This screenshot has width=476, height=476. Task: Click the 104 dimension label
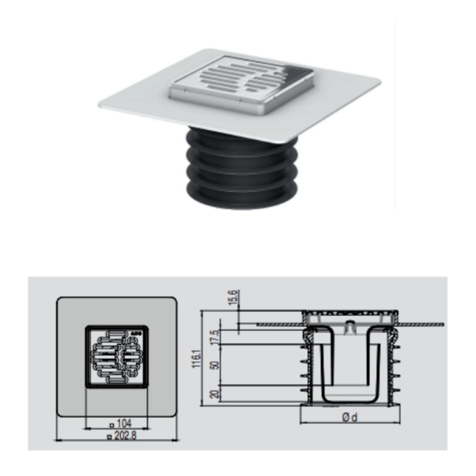pyautogui.click(x=124, y=424)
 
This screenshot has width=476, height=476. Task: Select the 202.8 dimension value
pyautogui.click(x=125, y=436)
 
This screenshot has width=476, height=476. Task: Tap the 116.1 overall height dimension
pyautogui.click(x=196, y=359)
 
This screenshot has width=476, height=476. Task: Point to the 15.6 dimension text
pyautogui.click(x=233, y=297)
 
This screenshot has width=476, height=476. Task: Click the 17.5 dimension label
pyautogui.click(x=214, y=337)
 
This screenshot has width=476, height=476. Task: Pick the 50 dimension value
pyautogui.click(x=215, y=365)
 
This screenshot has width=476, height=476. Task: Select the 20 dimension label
pyautogui.click(x=215, y=394)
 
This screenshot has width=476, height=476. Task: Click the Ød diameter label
pyautogui.click(x=350, y=418)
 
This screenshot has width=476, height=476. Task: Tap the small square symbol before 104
pyautogui.click(x=112, y=425)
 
